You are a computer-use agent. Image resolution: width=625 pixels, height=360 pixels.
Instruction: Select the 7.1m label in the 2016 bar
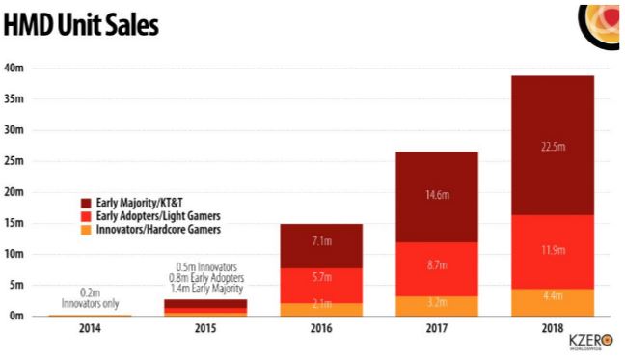321,239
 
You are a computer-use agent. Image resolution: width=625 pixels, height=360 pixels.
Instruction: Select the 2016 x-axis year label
321,330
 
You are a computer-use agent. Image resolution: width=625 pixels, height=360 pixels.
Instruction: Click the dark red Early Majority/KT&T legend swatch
85,204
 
